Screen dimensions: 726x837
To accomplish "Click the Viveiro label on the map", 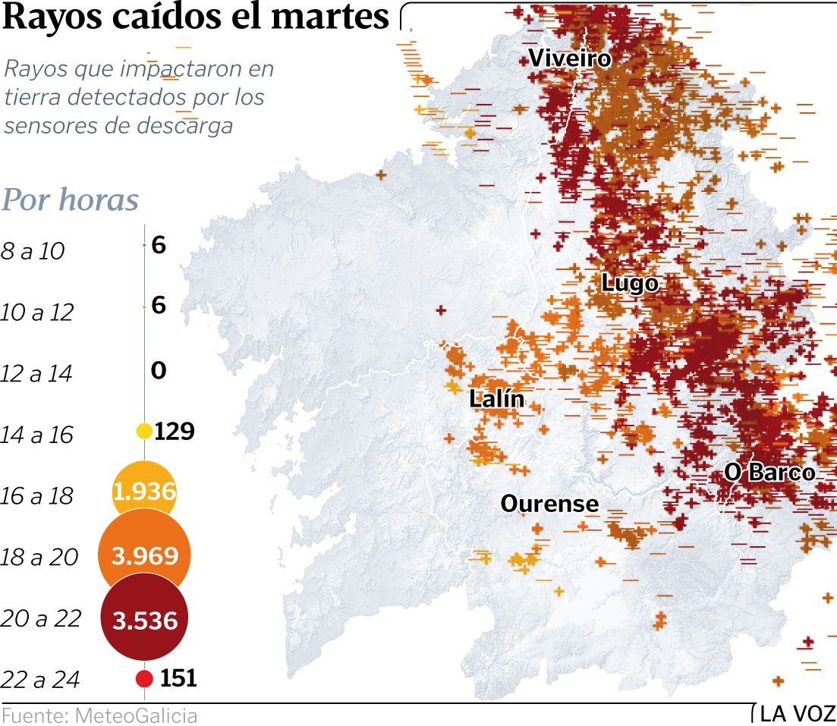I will coord(569,58).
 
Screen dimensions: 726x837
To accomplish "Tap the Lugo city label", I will coord(630,284).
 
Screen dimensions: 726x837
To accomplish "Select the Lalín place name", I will coord(497,398).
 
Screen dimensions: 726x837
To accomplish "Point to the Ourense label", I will coord(549,504).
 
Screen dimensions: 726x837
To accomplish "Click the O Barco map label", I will coord(769,473).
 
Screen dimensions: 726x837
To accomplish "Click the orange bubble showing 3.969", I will coord(144,556).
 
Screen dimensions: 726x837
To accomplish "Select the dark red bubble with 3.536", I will coord(144,621).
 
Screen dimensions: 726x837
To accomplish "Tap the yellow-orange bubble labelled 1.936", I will coord(144,492).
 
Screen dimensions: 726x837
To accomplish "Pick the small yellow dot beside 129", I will coord(144,431).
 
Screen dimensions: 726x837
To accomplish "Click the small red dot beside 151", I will coord(144,678).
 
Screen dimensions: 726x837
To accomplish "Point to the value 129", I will coord(175,432).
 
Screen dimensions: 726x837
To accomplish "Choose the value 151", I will coord(178,678).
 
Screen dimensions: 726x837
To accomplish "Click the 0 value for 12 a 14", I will coord(158,371).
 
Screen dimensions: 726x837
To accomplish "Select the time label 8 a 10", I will coord(33,251).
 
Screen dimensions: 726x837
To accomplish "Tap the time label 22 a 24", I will coord(40,680).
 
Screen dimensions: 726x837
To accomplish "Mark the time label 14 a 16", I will coord(36,435).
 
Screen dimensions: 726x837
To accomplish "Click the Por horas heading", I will coord(71,200).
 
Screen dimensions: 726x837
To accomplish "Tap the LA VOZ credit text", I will coord(798,715).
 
